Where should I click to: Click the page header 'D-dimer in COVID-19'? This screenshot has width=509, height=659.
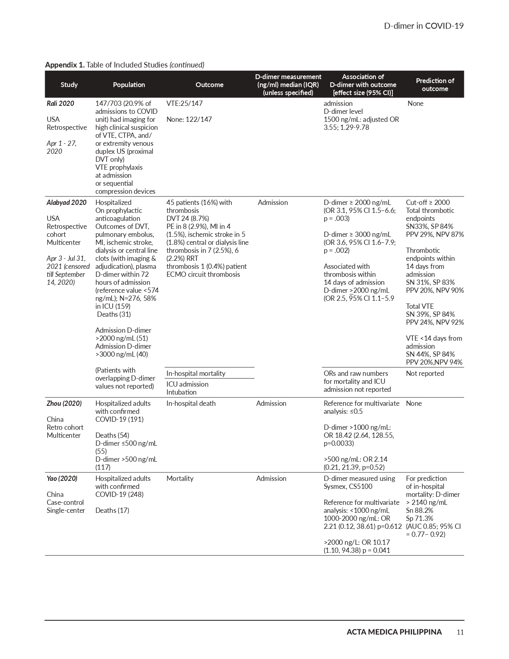[424, 26]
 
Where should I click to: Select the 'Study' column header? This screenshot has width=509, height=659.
[69, 85]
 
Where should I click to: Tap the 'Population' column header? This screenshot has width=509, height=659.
[129, 85]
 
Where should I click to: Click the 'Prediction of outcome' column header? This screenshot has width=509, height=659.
[435, 85]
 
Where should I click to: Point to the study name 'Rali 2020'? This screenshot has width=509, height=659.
[60, 103]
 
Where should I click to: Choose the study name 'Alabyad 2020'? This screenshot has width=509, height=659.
[66, 202]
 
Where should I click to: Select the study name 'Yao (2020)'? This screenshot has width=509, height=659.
[62, 478]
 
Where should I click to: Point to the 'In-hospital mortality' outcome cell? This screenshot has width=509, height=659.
[196, 373]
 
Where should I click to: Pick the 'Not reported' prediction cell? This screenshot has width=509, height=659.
[425, 373]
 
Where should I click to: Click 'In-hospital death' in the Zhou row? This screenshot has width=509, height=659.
[191, 403]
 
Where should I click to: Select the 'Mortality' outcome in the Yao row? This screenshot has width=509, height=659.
[180, 478]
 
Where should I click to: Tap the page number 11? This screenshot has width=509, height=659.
[460, 632]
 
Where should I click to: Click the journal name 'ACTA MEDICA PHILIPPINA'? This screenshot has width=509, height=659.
[394, 632]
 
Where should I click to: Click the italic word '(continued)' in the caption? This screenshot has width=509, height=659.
[187, 65]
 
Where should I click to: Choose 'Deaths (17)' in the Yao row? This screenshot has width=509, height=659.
[112, 510]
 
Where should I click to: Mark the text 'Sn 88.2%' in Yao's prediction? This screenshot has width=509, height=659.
[420, 510]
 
